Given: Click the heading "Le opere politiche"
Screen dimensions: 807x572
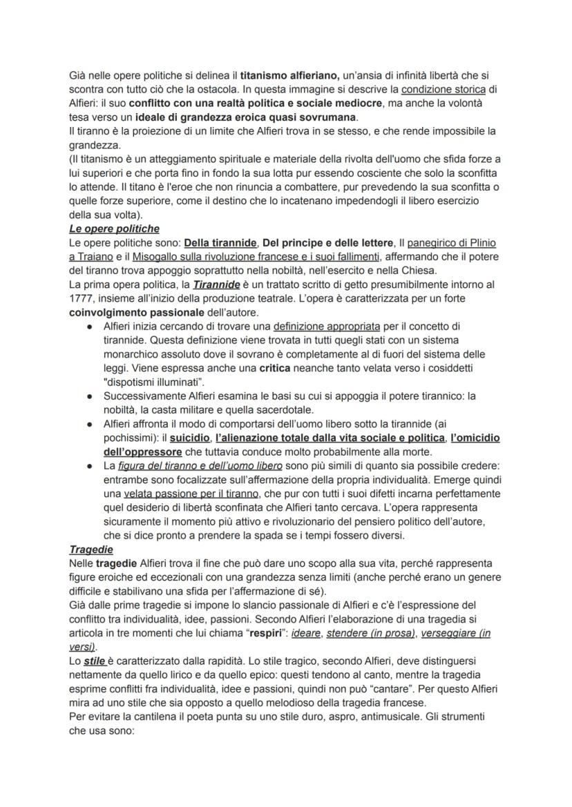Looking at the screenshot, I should (x=114, y=229).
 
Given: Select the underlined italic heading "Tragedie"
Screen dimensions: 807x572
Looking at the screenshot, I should (x=92, y=550).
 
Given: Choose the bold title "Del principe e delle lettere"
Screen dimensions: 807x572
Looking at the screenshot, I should (x=329, y=243).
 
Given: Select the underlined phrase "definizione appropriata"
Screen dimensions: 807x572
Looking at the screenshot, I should (x=327, y=326).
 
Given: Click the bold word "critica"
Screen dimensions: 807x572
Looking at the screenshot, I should (x=274, y=367).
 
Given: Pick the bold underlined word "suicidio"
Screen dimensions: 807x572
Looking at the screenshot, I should (x=190, y=438).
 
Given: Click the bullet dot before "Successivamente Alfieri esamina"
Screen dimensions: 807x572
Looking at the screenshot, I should (x=90, y=396).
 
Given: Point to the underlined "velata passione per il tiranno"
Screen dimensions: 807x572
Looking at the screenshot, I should (x=191, y=494).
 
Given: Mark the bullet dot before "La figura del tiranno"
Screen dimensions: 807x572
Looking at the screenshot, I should (x=90, y=466).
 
